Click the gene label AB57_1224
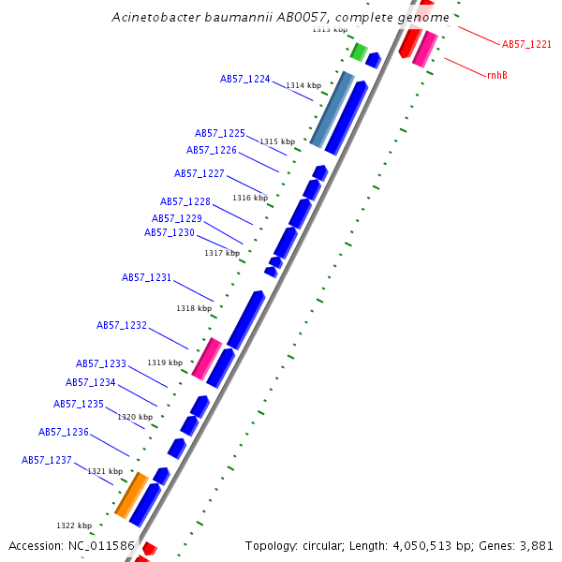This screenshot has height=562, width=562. point(245,80)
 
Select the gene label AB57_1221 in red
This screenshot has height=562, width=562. point(526,44)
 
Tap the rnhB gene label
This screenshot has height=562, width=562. point(497,74)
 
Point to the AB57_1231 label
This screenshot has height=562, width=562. point(147,277)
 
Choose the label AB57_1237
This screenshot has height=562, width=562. point(47,460)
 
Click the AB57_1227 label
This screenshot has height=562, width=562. point(200,173)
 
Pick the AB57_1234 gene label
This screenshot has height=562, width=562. point(91,382)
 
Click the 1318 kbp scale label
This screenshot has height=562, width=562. point(193,308)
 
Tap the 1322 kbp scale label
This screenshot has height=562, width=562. point(74,525)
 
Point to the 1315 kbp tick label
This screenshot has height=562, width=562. point(277,141)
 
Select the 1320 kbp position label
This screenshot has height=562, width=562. point(134,417)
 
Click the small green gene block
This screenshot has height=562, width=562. point(358,51)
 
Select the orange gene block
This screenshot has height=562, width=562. point(131,495)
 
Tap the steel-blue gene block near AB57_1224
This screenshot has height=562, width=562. point(333,110)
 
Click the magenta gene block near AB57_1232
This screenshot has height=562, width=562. point(207,359)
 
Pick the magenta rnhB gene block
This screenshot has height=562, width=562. point(425,48)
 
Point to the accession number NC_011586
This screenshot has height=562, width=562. point(102,545)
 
